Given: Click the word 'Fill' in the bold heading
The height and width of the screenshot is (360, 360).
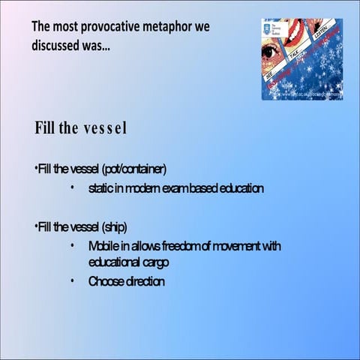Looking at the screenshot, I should click(46, 127).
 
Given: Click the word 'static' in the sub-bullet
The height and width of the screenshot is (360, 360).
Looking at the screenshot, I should click(100, 187).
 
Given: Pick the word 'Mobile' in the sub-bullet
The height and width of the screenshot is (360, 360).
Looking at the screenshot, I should click(103, 246).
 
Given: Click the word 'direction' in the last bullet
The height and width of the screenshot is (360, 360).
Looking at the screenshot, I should click(145, 281).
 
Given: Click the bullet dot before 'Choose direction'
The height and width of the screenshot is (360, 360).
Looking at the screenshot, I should click(72, 281).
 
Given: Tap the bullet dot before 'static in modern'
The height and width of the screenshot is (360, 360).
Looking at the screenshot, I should click(72, 187).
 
